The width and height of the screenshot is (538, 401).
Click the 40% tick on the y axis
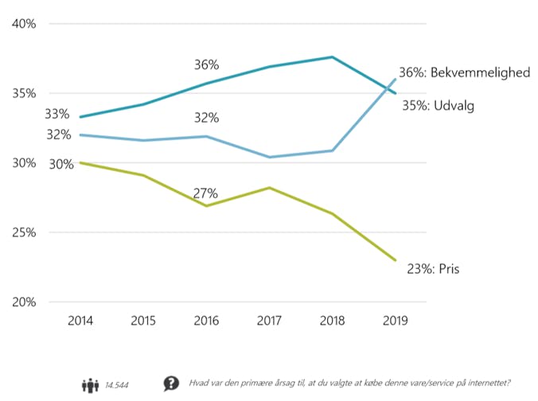(25, 24)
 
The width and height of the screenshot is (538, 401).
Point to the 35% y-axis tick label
(25, 93)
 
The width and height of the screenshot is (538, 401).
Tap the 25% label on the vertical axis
(25, 233)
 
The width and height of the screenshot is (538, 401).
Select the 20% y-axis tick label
(25, 302)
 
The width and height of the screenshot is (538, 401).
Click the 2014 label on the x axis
(80, 321)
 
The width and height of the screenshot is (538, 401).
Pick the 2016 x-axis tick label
(206, 321)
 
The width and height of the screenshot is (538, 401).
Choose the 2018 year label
(332, 321)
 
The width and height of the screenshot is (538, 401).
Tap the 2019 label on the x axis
(396, 321)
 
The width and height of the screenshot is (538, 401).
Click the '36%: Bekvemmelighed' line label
(464, 72)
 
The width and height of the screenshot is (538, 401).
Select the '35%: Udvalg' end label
(438, 105)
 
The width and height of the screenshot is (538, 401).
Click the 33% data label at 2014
(58, 115)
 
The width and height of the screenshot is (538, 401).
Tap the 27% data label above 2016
(206, 193)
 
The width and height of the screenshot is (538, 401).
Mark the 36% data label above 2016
(206, 64)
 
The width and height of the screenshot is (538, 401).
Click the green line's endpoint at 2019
(396, 260)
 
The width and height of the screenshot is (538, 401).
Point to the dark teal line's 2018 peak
(332, 56)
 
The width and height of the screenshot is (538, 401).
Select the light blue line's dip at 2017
(269, 158)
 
